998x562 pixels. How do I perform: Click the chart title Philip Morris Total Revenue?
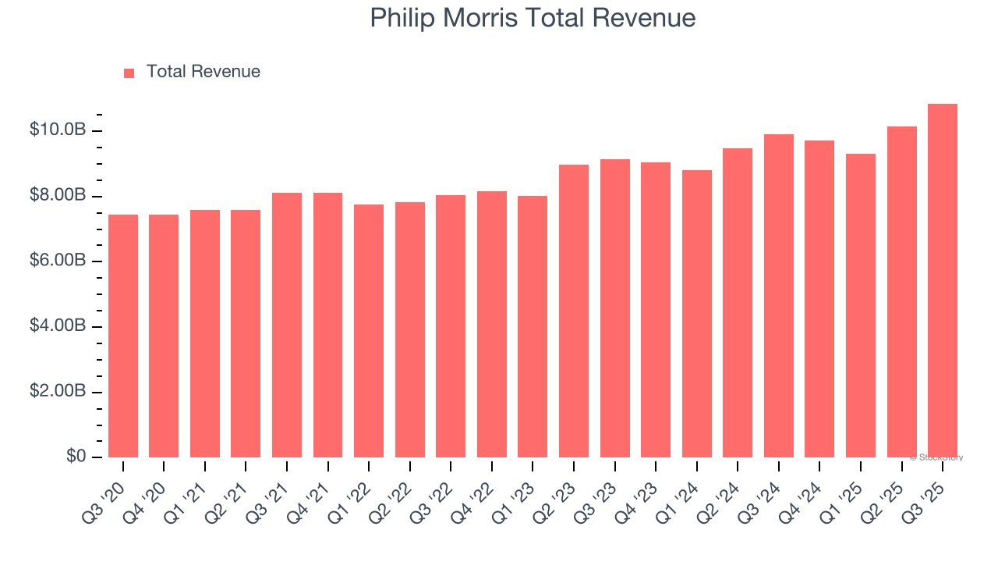tap(533, 17)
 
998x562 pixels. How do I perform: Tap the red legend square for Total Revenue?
tap(129, 73)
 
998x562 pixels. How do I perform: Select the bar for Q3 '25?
tap(943, 281)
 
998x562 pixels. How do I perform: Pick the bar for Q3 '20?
tap(123, 336)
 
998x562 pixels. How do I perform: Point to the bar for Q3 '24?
tap(779, 296)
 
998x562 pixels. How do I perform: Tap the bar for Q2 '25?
tap(902, 292)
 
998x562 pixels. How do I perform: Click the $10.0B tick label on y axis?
tap(57, 130)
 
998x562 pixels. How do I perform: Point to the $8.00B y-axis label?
tap(57, 195)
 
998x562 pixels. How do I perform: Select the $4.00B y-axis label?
tap(57, 325)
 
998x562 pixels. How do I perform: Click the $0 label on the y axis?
tap(76, 456)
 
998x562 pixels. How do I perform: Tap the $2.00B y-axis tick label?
tap(57, 391)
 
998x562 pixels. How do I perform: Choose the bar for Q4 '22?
tap(492, 324)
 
